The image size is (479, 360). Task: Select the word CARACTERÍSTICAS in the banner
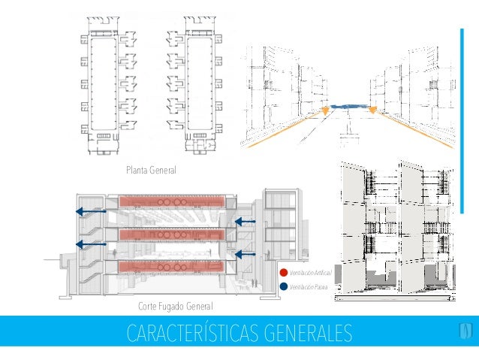[x=191, y=331]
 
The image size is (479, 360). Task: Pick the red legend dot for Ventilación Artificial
[x=283, y=272]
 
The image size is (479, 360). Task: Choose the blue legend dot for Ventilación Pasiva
[x=283, y=286]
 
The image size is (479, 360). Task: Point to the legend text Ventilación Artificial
[x=310, y=272]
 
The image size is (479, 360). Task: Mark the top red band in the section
[x=173, y=203]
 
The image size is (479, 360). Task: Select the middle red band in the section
[x=173, y=234]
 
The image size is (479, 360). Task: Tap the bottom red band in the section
[x=173, y=267]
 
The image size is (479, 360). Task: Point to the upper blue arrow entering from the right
[x=246, y=222]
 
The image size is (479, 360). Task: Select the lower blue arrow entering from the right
[x=246, y=254]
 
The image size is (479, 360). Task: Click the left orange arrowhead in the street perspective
[x=325, y=113]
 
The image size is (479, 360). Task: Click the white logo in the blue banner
[x=465, y=331]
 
